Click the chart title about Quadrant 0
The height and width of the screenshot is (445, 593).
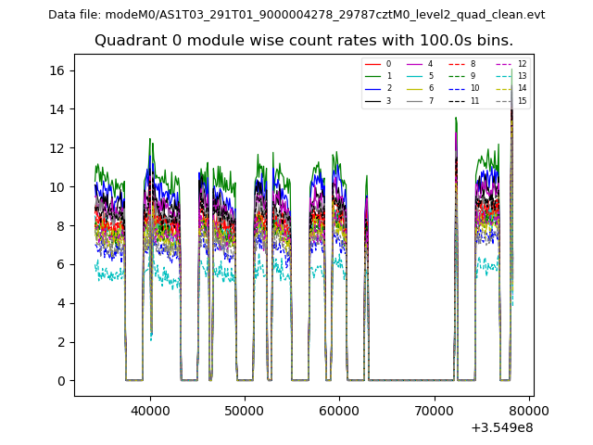303,41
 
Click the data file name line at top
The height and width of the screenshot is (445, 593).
296,15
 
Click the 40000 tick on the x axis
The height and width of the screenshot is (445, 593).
150,407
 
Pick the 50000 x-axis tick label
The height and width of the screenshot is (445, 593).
245,407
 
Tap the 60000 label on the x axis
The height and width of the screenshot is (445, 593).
339,407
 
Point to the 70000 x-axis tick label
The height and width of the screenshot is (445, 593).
434,407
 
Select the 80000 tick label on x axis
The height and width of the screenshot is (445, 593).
528,407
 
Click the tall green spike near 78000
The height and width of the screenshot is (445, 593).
511,73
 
